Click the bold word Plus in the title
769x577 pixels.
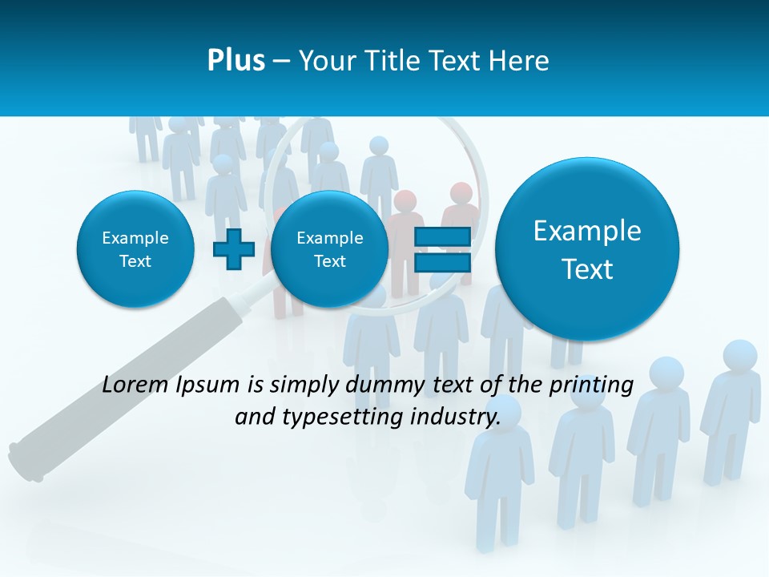coord(236,61)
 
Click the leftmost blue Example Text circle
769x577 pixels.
coord(135,249)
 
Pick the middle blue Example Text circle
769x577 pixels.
coord(329,249)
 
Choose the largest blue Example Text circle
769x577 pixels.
coord(587,249)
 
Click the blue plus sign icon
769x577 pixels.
coord(234,249)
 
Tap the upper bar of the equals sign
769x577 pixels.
coord(441,236)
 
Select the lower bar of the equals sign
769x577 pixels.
coord(441,264)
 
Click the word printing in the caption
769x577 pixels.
coord(591,385)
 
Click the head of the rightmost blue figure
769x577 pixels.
coord(740,356)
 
